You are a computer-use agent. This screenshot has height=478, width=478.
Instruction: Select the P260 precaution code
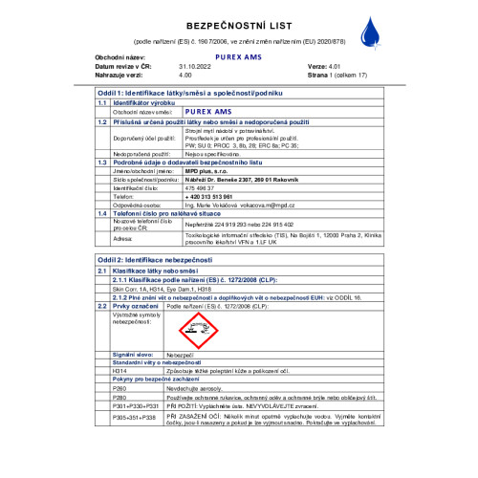coord(119,389)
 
